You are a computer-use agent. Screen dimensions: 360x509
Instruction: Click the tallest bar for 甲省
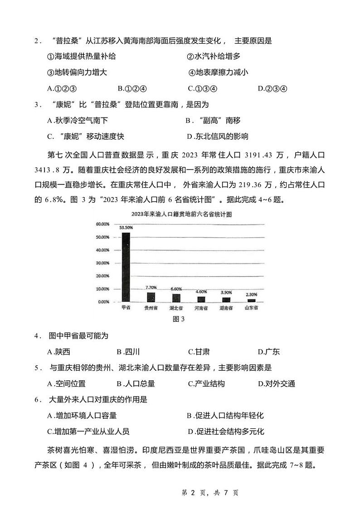coord(126,267)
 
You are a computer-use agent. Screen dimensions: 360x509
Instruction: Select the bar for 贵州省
coord(151,297)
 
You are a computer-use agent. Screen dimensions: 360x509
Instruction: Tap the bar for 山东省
coord(251,300)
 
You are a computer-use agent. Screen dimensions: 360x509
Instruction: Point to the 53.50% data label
coord(126,228)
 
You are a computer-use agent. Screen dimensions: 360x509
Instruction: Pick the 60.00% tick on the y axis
coord(102,224)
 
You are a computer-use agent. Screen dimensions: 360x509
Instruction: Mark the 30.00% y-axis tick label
coord(102,263)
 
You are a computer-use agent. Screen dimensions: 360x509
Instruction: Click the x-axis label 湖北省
coord(176,308)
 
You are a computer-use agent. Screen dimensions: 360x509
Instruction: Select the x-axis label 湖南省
coord(226,308)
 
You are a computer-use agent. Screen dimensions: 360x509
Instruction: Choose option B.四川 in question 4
coord(128,351)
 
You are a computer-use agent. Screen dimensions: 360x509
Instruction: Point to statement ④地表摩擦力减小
coord(219,72)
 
